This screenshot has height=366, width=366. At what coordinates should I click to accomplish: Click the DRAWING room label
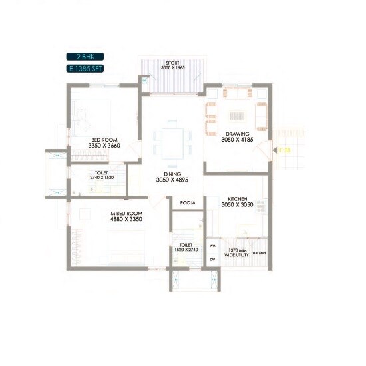(238, 134)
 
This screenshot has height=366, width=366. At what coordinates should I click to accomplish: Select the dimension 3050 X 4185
(238, 140)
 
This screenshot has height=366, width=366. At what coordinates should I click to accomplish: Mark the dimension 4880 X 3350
(126, 219)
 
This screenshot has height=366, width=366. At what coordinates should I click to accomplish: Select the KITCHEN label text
(238, 199)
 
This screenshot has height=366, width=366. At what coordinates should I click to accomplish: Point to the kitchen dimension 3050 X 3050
(238, 206)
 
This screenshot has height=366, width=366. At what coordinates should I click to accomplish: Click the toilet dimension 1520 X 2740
(186, 248)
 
